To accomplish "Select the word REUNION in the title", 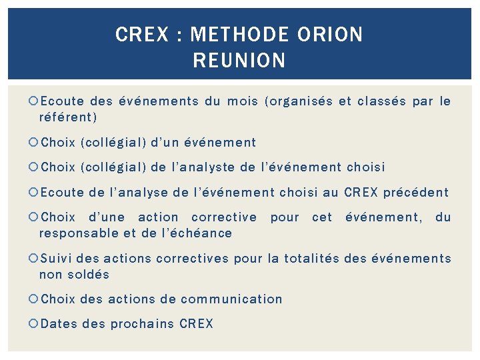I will [239, 61].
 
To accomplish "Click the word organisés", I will [299, 101].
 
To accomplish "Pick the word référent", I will [67, 117].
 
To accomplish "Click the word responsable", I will [79, 233].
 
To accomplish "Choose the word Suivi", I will [57, 259].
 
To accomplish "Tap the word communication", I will [231, 299].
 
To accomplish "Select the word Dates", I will [59, 325].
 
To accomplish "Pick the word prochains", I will [142, 325].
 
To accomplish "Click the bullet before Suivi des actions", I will [34, 259].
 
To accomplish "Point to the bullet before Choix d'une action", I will [34, 217].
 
